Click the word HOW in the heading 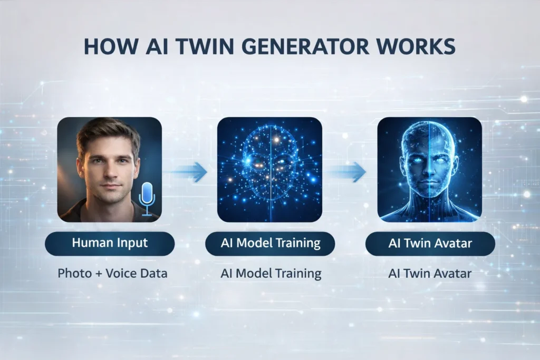coord(111,47)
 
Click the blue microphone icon coord(147,199)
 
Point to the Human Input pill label coord(110,244)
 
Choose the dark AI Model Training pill coord(270,244)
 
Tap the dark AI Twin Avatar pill coord(430,244)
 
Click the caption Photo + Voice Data coord(112,274)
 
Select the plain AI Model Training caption coord(271,274)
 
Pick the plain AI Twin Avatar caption coord(430,274)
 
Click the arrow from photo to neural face coord(188,172)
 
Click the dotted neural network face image coord(269,169)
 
